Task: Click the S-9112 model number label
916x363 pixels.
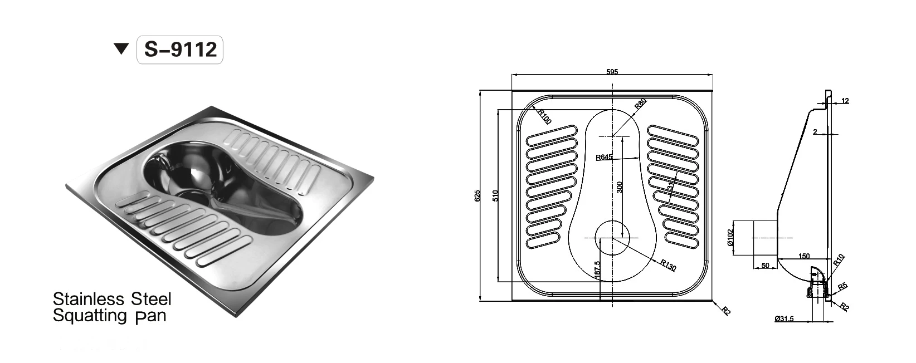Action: [180, 50]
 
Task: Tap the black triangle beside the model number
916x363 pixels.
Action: [121, 50]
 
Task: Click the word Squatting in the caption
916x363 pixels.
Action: [90, 316]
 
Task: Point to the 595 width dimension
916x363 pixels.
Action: [612, 72]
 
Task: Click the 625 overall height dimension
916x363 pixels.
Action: [478, 196]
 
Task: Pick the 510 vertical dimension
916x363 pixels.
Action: [495, 195]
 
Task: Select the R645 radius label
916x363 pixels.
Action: [604, 157]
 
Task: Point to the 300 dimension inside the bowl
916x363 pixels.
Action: [620, 187]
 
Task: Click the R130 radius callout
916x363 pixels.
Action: [668, 266]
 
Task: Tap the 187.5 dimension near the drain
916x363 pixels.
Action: [597, 271]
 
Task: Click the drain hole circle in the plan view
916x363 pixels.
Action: [612, 238]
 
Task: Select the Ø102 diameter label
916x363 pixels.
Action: [729, 238]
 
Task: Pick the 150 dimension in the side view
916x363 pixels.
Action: [803, 256]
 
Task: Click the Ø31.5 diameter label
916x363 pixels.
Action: [784, 319]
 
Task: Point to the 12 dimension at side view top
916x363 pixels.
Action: [845, 101]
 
